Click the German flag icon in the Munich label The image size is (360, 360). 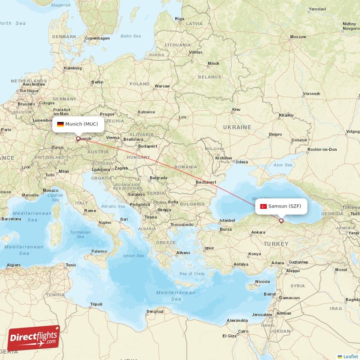60,124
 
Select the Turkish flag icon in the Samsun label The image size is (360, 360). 264,206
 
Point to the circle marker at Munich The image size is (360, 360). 78,139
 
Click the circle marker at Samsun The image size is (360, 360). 281,220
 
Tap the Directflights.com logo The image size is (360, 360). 34,338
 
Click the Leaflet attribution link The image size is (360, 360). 350,356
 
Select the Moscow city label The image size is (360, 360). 298,36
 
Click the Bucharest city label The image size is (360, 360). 206,182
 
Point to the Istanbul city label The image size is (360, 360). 227,220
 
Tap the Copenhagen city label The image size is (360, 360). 97,38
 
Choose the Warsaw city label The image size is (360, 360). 162,86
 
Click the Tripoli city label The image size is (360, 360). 96,304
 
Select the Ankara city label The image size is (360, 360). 258,232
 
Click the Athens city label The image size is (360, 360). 183,252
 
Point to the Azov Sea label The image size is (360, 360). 283,165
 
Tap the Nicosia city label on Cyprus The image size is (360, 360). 262,282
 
